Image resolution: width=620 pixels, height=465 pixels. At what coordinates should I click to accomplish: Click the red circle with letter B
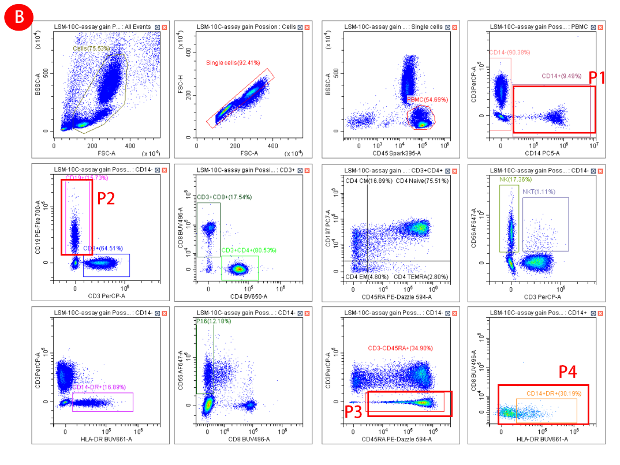(x=19, y=18)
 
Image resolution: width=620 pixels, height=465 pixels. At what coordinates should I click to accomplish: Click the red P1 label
(x=597, y=77)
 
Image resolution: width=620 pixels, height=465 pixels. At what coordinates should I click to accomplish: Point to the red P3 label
(x=354, y=411)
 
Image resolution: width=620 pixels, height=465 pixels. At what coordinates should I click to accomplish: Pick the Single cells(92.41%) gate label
(x=233, y=62)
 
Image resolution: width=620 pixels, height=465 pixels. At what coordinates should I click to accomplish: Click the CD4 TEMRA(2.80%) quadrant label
(x=421, y=277)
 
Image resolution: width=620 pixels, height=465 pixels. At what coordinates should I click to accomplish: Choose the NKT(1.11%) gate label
(x=539, y=192)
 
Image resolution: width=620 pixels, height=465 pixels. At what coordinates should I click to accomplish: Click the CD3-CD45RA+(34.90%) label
(x=400, y=348)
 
